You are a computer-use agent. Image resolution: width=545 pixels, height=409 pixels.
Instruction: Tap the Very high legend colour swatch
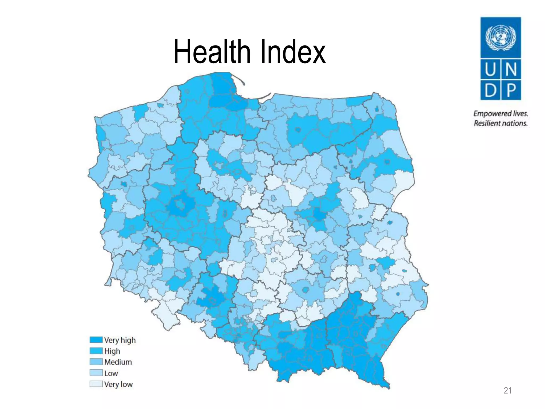pos(96,340)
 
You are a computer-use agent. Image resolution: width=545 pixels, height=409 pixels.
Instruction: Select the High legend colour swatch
pos(96,351)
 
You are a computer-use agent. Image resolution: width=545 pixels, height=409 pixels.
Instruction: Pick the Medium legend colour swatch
pos(96,362)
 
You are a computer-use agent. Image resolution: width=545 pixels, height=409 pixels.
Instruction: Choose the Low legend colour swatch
pos(96,373)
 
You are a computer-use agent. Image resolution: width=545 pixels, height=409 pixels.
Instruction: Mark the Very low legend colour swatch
pos(96,384)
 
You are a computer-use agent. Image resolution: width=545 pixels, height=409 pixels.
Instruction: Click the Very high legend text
pos(120,340)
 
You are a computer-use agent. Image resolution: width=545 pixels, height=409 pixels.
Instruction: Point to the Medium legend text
pos(118,362)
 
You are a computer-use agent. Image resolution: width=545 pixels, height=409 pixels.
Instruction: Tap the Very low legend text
pos(118,384)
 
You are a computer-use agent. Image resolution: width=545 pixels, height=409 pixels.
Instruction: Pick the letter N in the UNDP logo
pos(511,70)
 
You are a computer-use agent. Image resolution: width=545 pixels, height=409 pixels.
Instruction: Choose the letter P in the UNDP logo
pos(511,90)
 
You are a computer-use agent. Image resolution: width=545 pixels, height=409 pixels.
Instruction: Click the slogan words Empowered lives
pos(501,114)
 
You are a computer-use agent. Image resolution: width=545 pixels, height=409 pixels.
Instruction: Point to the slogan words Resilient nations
pos(501,123)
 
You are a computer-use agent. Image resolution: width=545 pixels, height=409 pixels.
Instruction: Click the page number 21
pos(507,391)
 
